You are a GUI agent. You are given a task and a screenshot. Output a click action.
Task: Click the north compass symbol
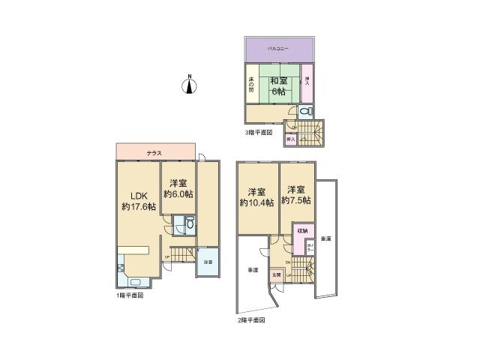point(190,85)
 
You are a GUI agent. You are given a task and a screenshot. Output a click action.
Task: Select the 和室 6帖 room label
point(277,86)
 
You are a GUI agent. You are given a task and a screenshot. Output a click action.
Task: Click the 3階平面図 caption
point(259,133)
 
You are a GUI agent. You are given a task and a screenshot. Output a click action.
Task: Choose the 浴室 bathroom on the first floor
point(207,263)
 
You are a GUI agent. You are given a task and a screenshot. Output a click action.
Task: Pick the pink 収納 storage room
point(302,230)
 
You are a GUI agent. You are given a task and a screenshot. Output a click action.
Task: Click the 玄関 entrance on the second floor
point(277,275)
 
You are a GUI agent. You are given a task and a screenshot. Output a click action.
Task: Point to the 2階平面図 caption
point(250,319)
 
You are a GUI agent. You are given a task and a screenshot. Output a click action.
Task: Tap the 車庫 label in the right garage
point(326,238)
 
